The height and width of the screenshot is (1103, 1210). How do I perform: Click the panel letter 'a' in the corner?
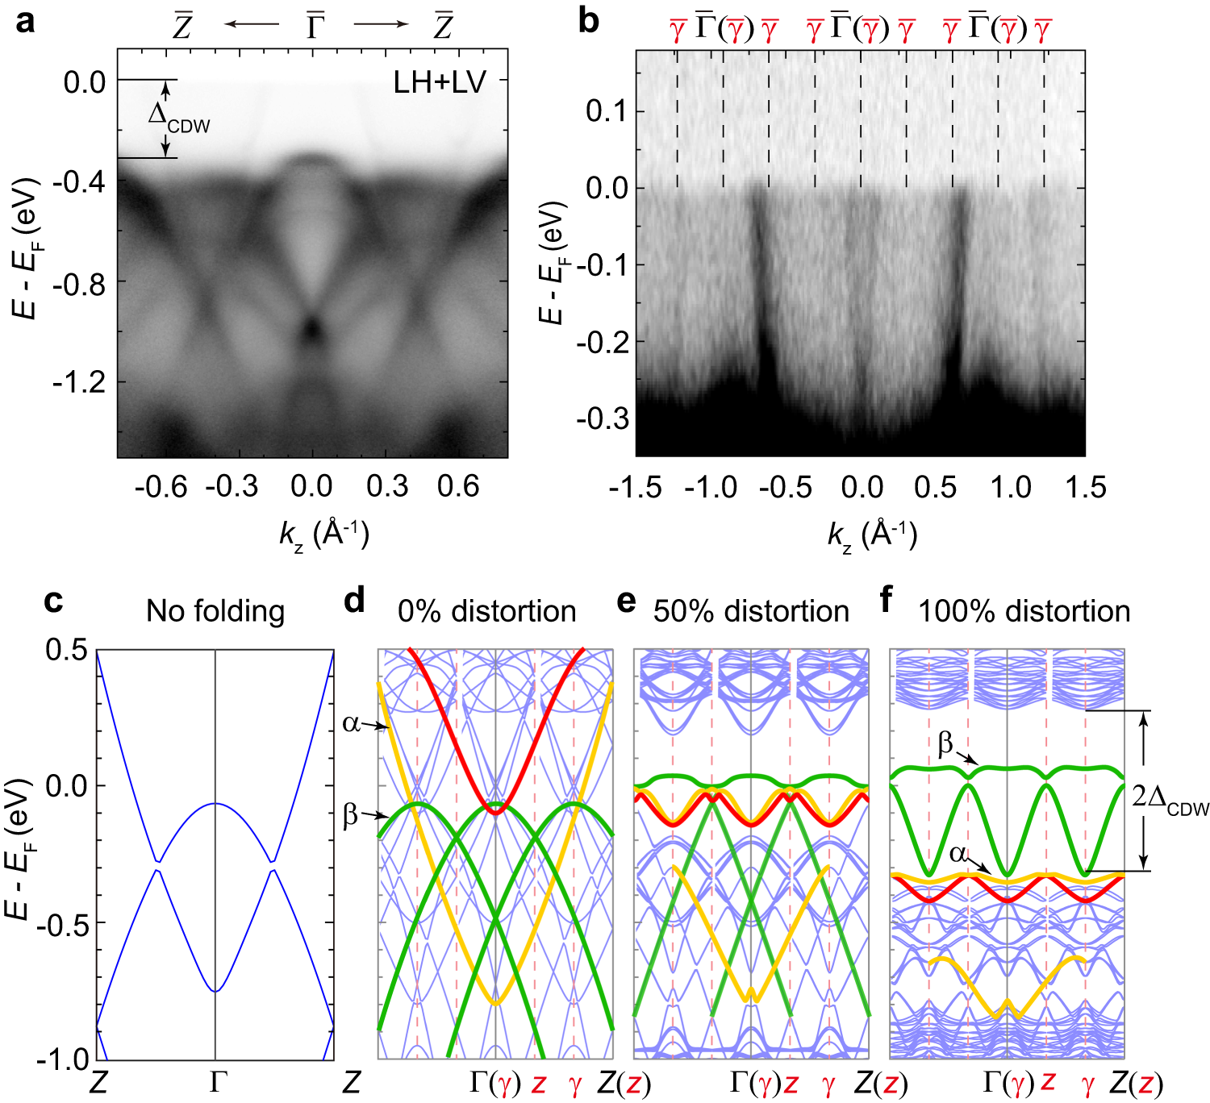25,22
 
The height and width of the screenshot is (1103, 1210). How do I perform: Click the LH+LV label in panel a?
440,82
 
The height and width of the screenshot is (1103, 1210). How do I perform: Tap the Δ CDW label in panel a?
178,117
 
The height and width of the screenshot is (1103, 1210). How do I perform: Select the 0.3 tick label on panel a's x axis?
387,486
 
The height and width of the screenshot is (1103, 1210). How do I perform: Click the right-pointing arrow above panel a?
381,24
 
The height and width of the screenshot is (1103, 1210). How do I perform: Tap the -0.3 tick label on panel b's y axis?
602,418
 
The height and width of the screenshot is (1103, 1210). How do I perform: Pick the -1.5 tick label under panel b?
636,487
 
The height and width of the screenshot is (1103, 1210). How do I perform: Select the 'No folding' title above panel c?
215,611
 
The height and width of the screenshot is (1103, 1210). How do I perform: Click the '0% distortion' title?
486,611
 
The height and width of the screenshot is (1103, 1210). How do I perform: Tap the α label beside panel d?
351,723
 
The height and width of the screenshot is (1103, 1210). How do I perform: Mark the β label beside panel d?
351,815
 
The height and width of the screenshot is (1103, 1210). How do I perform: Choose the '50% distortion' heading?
751,611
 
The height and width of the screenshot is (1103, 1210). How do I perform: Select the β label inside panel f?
945,743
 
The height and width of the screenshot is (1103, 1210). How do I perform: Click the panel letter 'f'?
886,601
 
